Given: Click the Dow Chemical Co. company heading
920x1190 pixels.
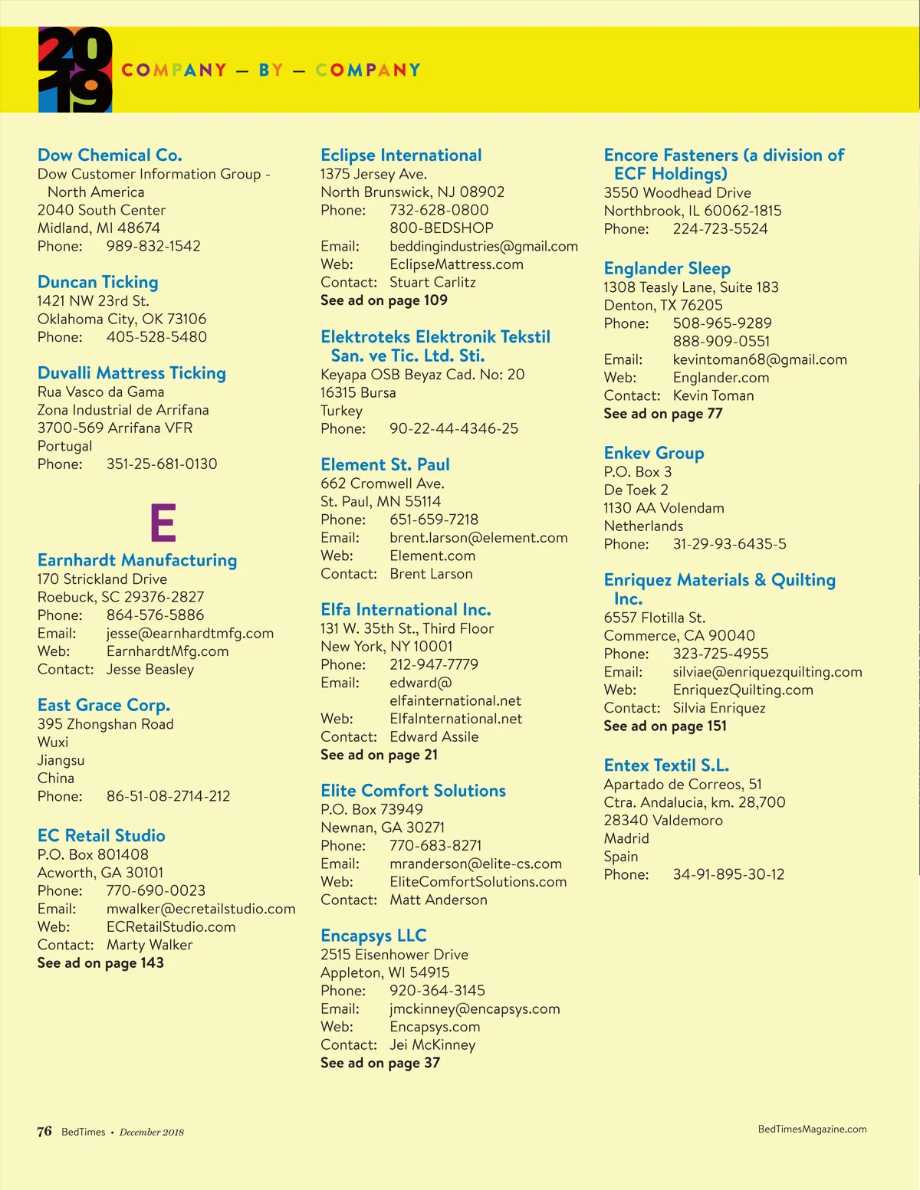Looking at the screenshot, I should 110,156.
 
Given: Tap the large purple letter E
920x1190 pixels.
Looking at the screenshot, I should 163,523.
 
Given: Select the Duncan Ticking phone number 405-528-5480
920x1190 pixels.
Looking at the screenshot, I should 156,337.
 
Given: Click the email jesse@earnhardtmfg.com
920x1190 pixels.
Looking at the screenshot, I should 189,634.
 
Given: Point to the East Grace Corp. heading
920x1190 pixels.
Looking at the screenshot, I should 103,706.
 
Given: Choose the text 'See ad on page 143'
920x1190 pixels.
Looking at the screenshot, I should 100,963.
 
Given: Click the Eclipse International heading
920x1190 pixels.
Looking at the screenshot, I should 401,156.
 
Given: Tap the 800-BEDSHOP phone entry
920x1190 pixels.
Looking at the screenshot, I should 441,228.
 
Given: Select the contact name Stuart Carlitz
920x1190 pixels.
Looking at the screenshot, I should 432,283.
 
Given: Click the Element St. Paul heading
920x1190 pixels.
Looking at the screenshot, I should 385,465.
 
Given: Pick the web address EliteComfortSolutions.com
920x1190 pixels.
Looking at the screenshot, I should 478,882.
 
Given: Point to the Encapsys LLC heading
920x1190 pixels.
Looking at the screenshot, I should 373,936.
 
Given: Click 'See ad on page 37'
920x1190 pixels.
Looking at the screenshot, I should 380,1063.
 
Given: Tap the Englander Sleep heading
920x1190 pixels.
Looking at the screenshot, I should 667,269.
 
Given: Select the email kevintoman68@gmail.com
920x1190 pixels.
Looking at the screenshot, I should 760,360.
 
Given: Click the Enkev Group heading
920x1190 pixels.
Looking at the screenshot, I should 653,454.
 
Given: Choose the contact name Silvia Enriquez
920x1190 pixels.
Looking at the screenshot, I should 719,708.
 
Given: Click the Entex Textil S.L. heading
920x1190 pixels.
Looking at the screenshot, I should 666,765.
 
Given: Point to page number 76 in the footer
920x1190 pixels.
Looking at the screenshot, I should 44,1132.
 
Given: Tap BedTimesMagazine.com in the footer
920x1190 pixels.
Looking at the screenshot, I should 812,1129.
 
